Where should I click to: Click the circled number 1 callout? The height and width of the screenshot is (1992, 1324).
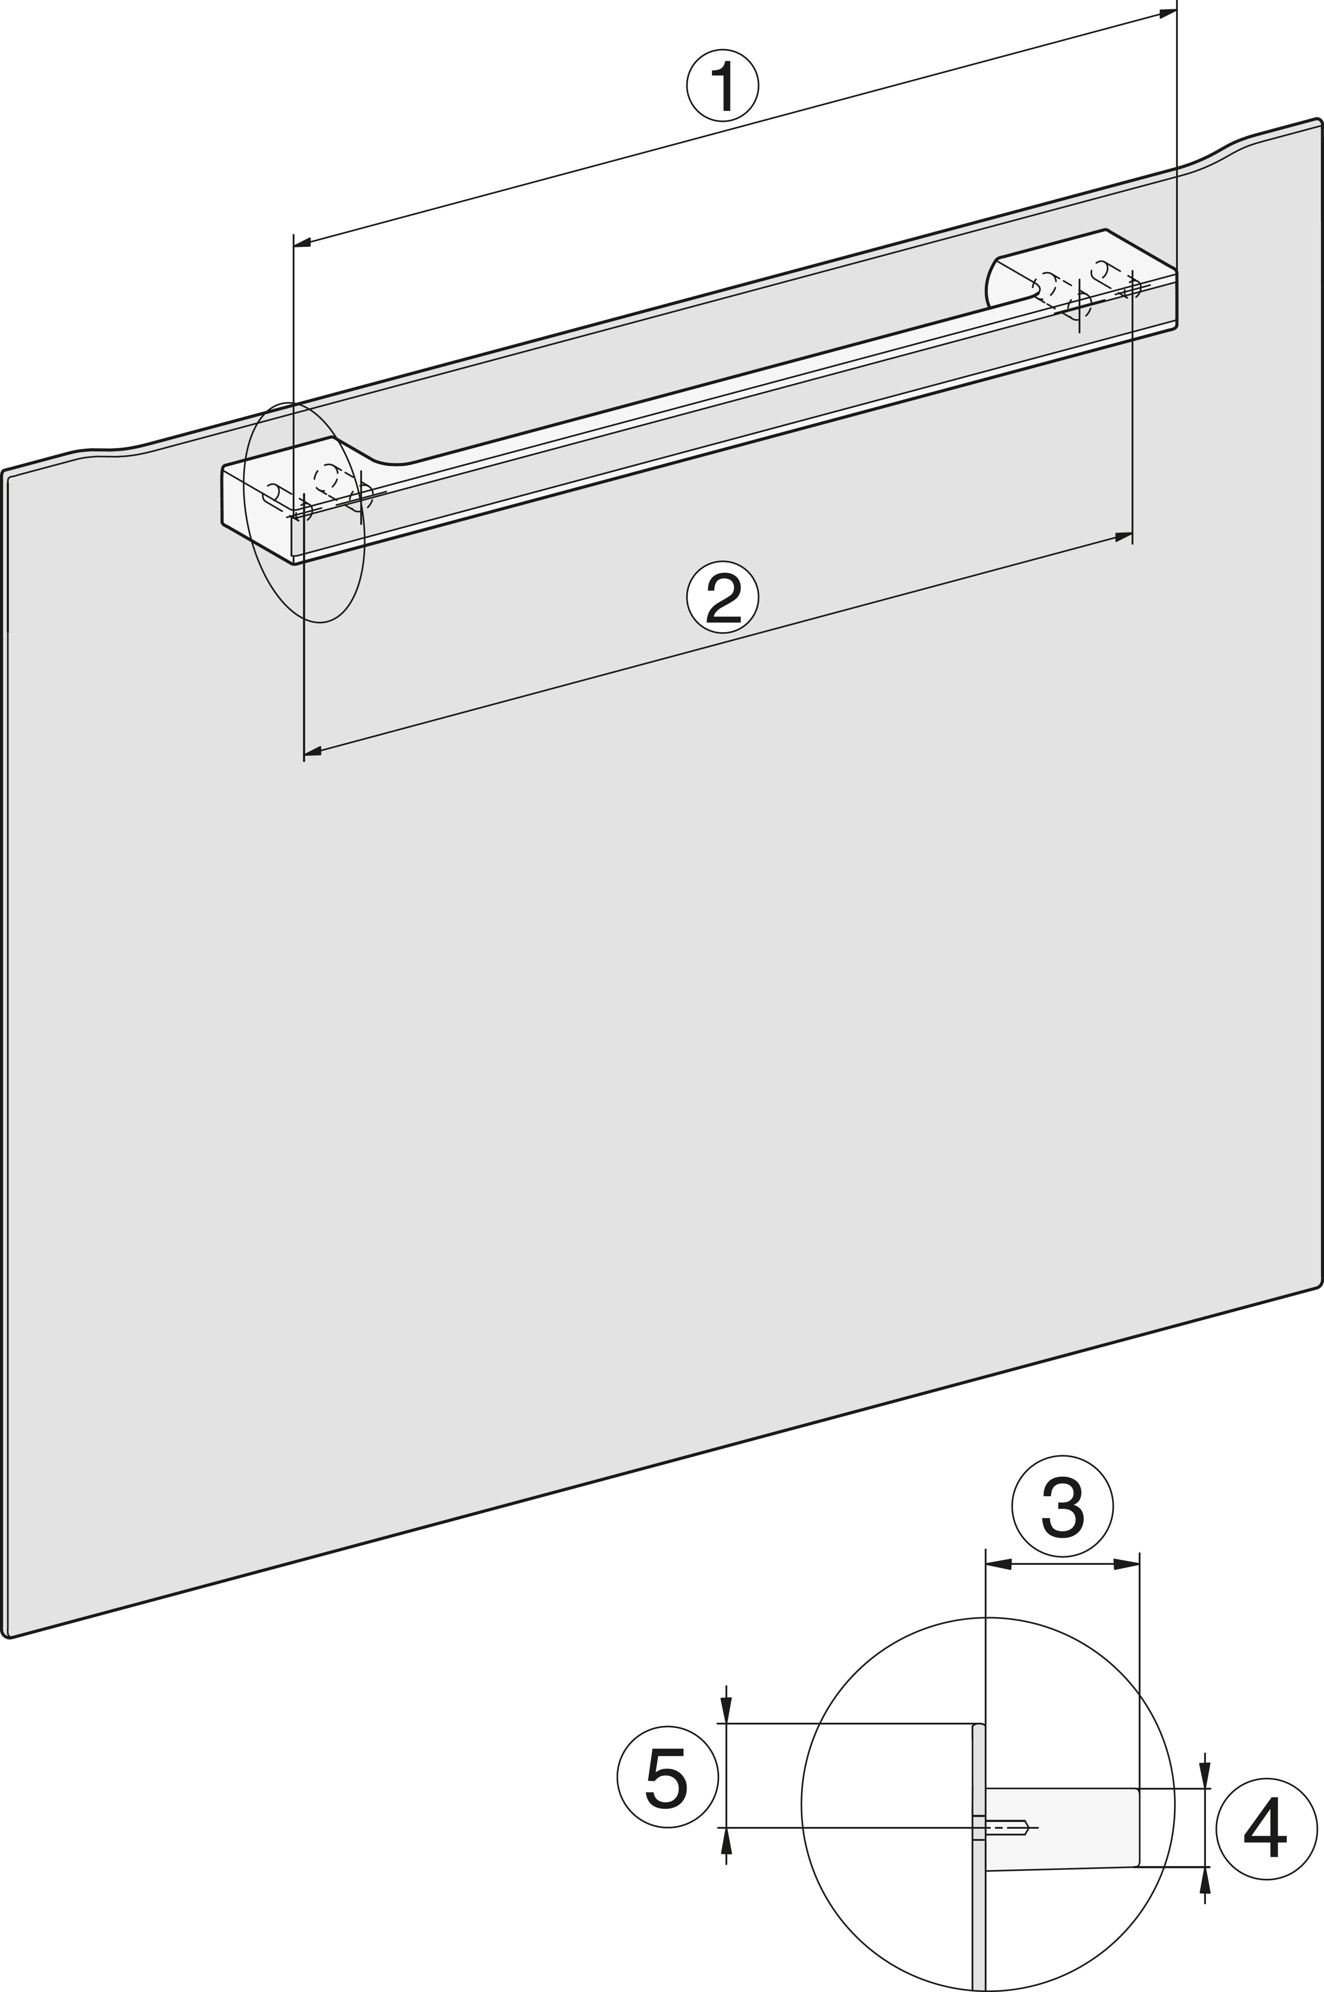coord(722,85)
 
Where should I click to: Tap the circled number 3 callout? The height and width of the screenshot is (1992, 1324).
coord(1062,1506)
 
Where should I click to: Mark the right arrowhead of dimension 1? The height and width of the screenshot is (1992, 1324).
coord(1168,13)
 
